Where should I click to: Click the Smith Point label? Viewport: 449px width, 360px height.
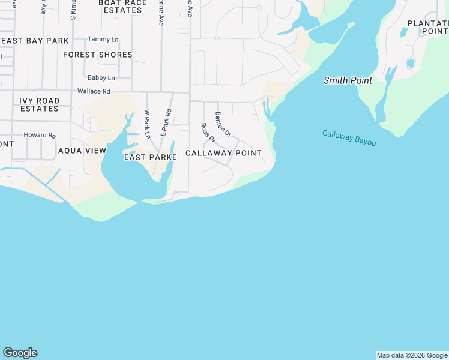[348, 80]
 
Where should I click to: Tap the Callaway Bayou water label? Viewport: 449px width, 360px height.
[349, 138]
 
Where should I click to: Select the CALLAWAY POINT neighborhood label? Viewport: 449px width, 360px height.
[223, 153]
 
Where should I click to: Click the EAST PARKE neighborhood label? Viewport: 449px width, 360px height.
[150, 157]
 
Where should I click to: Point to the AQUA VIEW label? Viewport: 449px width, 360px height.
[82, 151]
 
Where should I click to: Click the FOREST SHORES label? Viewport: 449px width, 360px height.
[97, 55]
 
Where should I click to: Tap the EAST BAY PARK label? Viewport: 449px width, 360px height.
[35, 41]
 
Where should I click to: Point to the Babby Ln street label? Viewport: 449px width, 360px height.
[101, 77]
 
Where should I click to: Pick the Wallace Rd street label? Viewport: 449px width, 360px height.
[94, 91]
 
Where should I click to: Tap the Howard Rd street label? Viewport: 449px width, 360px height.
[40, 135]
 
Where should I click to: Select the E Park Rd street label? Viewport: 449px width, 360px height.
[166, 122]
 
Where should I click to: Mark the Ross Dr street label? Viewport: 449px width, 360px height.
[207, 133]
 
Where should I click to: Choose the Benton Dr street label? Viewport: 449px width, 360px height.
[223, 124]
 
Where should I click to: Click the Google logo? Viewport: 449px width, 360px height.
[20, 353]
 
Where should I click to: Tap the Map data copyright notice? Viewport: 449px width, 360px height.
[412, 355]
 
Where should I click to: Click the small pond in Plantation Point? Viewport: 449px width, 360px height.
[411, 62]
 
